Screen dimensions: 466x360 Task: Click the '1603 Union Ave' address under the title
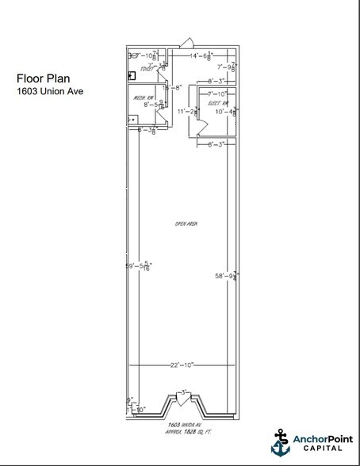(x=49, y=90)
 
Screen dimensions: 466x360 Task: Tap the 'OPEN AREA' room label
(x=186, y=225)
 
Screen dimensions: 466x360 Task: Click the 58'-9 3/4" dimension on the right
(x=227, y=276)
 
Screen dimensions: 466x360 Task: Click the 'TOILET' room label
(x=146, y=70)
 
